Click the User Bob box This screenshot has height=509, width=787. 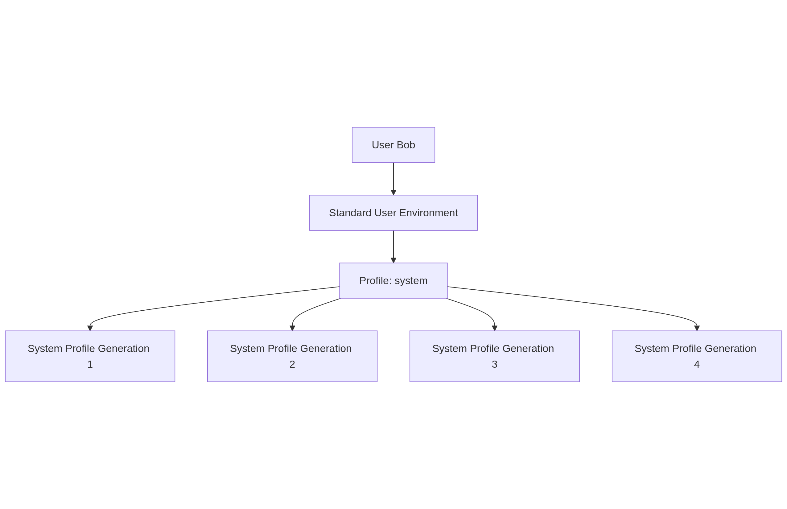[393, 145]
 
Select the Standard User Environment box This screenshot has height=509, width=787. [393, 213]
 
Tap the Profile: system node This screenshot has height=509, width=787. [393, 280]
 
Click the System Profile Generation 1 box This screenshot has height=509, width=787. [90, 356]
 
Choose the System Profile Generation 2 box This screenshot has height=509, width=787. [292, 356]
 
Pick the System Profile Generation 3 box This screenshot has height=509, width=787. [494, 356]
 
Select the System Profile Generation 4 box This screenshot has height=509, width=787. [696, 356]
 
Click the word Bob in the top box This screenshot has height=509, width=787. [406, 145]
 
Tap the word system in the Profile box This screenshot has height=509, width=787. [411, 281]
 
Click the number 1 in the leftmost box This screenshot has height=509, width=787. [90, 364]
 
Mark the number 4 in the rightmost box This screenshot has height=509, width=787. [696, 364]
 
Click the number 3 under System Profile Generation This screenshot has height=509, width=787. [494, 364]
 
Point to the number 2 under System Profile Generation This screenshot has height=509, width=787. [292, 364]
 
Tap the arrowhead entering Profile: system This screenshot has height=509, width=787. [393, 260]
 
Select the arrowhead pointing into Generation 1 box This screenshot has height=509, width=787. [90, 328]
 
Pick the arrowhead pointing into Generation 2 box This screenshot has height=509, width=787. [292, 328]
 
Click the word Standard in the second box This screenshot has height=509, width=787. [350, 213]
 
